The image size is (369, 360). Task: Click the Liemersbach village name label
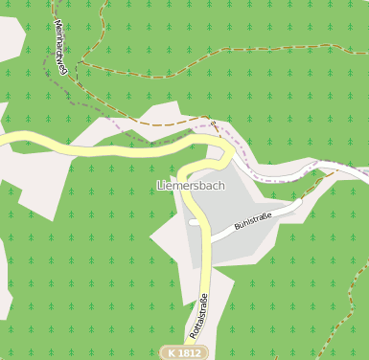[x=190, y=185]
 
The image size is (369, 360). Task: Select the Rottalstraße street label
[x=200, y=314]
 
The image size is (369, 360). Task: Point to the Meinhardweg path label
[x=59, y=43]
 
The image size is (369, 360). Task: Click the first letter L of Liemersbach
[x=159, y=185]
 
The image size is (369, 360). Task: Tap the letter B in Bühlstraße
[x=237, y=228]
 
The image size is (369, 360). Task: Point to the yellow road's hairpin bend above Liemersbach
[x=227, y=153]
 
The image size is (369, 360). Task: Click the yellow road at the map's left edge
[x=4, y=141]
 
